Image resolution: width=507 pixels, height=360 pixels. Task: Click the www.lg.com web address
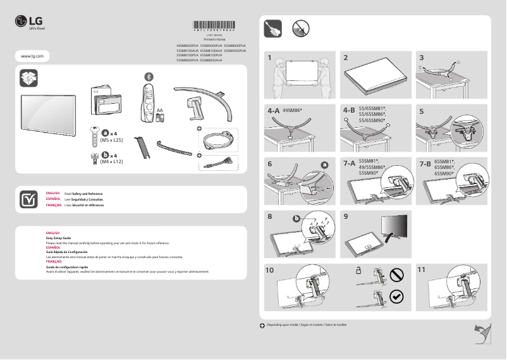click(32, 56)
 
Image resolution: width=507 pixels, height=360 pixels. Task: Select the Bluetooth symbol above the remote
click(149, 76)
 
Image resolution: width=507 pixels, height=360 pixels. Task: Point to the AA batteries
click(160, 116)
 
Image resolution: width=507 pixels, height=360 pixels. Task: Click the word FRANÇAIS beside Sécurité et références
click(54, 206)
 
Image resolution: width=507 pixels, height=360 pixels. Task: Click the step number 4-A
click(273, 110)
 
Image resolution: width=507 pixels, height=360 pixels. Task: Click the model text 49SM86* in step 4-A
click(293, 110)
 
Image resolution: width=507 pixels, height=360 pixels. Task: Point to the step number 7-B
click(425, 163)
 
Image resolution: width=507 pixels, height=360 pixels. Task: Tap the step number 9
click(346, 216)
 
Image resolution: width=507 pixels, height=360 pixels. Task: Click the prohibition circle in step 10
click(396, 275)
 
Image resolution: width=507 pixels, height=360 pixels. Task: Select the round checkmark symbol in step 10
click(396, 296)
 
